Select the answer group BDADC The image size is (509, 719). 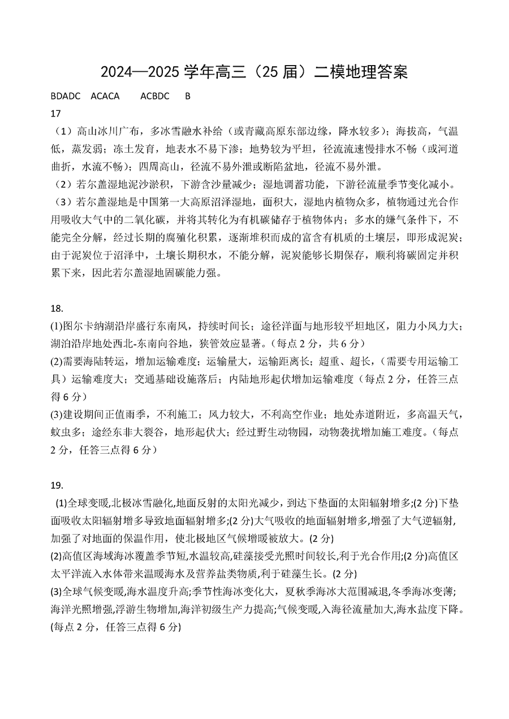[x=66, y=96]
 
